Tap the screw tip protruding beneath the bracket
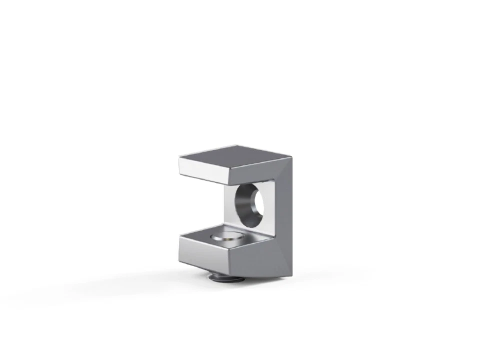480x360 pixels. click(220, 277)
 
